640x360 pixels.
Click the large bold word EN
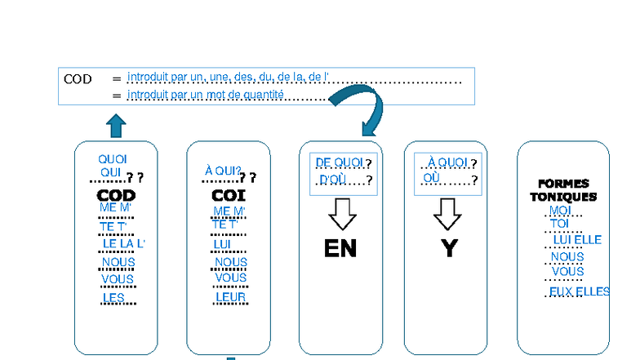click(340, 247)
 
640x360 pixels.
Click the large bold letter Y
click(448, 247)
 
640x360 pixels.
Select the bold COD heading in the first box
click(116, 196)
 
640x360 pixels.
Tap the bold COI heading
click(229, 196)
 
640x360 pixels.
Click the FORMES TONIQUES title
click(563, 190)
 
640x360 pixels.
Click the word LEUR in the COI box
click(230, 297)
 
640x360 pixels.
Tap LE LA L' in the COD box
click(123, 243)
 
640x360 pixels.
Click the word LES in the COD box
click(113, 298)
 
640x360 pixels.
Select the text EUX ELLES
click(579, 291)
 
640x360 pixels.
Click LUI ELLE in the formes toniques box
click(576, 240)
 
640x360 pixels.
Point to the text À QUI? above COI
click(222, 171)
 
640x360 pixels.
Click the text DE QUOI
click(340, 162)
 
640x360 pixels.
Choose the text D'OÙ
click(334, 180)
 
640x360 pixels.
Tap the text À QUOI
click(447, 162)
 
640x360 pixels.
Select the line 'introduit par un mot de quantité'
click(206, 96)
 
